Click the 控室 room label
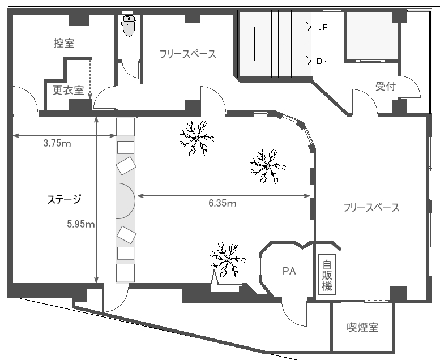point(64,43)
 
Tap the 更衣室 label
point(69,90)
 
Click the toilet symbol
point(129,26)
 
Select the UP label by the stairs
point(322,27)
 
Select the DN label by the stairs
point(322,61)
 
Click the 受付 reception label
point(386,87)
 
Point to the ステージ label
point(64,199)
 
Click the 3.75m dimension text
point(57,143)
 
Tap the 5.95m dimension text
point(81,224)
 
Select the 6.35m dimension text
point(222,203)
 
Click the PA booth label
point(289,271)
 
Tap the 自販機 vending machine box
point(327,275)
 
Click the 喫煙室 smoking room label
point(363,327)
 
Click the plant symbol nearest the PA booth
point(228,260)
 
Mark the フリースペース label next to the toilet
point(188,54)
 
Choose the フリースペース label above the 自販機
point(371,207)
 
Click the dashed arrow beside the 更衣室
point(91,79)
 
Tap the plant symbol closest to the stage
point(196,138)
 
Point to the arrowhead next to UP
point(309,27)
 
